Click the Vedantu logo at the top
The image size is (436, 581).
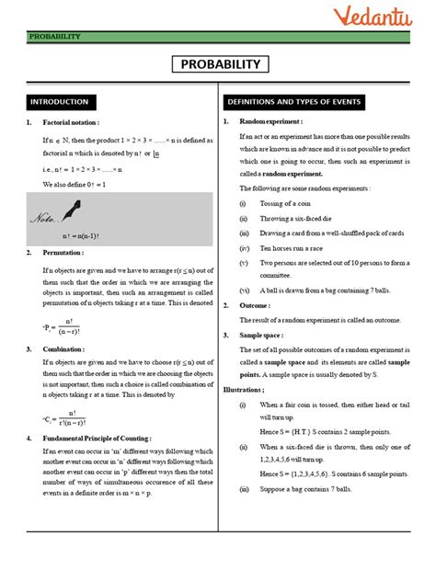coord(379,17)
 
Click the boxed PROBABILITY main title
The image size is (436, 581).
coord(218,64)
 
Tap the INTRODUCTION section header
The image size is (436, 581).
coord(60,101)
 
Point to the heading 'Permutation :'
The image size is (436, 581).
coord(63,252)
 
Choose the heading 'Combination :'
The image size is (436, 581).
coord(64,348)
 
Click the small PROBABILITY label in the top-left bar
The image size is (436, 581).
coord(54,37)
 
